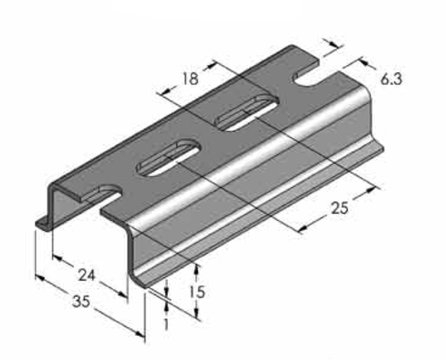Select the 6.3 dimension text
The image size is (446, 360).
pos(391,79)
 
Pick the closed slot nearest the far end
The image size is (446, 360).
pos(244,112)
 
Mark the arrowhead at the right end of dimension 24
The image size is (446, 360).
pos(125,294)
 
